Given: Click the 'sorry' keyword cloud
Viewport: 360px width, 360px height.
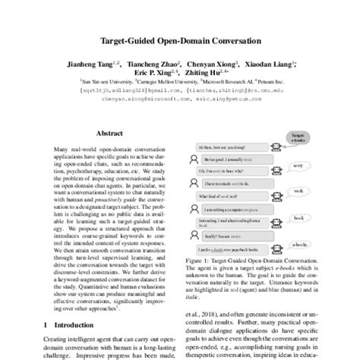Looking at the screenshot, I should pyautogui.click(x=299, y=164).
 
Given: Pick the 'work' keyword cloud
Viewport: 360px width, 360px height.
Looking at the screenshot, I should pyautogui.click(x=299, y=191).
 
